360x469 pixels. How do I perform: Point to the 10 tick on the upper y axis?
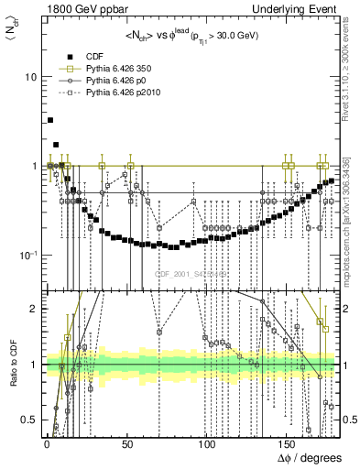click(30, 77)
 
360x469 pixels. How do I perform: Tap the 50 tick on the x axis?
click(125, 446)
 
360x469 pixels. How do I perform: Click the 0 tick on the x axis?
click(45, 446)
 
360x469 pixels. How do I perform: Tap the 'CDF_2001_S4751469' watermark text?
click(192, 274)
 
